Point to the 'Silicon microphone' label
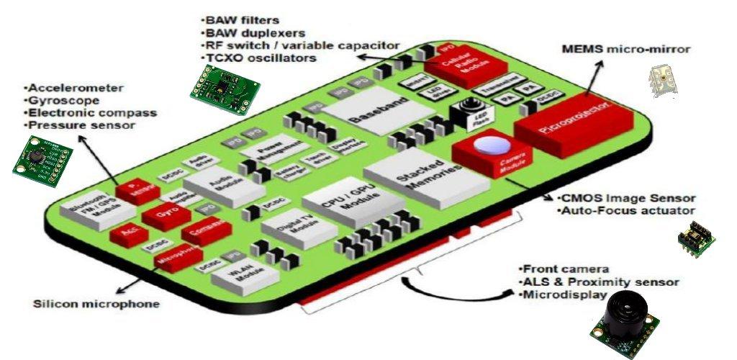click(x=96, y=304)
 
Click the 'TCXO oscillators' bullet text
click(x=260, y=58)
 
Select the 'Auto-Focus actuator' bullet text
click(x=626, y=211)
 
